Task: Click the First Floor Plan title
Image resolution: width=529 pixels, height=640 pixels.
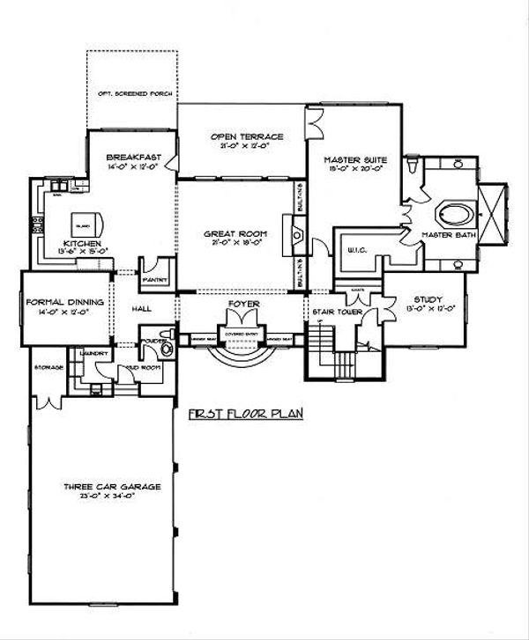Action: point(246,413)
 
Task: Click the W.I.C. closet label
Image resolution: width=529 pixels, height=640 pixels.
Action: point(358,250)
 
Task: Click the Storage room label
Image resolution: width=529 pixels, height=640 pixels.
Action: point(46,365)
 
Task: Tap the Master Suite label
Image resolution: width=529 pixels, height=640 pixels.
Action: point(355,160)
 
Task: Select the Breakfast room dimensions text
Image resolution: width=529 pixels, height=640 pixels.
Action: point(130,166)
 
